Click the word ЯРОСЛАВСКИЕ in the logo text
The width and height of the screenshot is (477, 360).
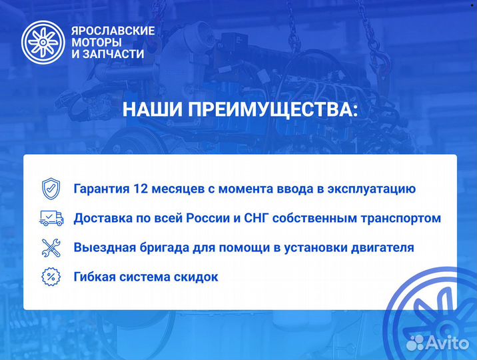coord(113,31)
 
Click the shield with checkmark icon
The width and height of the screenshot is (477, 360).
coord(51,188)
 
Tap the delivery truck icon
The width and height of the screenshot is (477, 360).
coord(51,218)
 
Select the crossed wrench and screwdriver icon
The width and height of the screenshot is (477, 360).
coord(51,247)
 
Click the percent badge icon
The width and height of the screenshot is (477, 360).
coord(51,276)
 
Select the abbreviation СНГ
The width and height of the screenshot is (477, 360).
coord(264,218)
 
